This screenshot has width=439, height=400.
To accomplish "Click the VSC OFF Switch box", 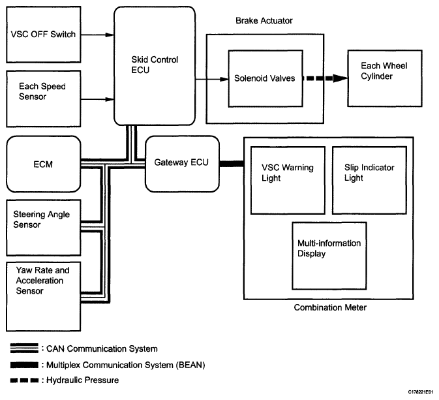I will point(43,35).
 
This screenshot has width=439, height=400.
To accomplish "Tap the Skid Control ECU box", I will point(155,65).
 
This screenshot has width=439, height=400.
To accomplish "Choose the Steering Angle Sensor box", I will point(43,224).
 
